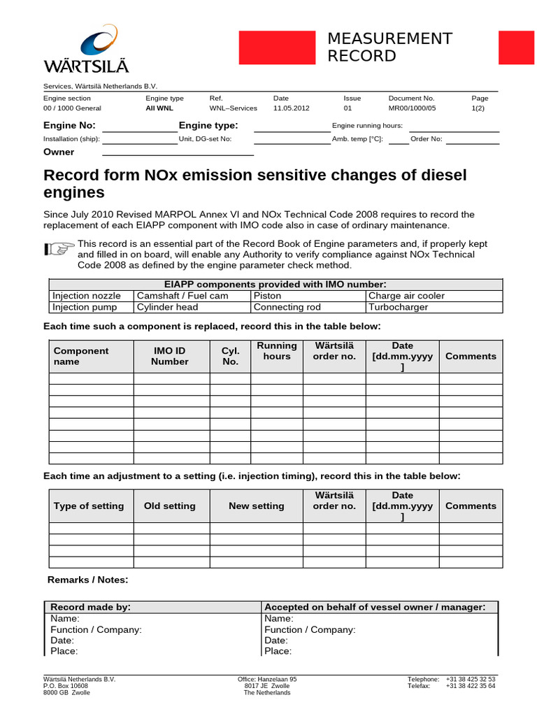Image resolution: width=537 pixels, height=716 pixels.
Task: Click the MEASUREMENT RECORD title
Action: coord(389,48)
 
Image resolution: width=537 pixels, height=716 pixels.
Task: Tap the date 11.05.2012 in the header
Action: coord(291,108)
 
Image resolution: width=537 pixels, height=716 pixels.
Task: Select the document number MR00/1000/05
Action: coord(412,108)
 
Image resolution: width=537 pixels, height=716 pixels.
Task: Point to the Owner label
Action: coord(59,152)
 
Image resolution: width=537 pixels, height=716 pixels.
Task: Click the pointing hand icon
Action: coord(59,248)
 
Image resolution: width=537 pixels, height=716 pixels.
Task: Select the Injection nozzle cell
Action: coord(87,296)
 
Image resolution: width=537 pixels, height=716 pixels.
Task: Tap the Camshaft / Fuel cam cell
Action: coord(182,296)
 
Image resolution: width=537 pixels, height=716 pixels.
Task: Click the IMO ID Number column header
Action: coord(170,356)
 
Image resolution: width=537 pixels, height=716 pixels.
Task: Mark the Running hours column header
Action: coord(277,351)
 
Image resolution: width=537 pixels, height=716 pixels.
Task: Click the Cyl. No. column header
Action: coord(230,356)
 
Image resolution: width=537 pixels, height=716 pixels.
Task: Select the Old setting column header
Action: coord(170,506)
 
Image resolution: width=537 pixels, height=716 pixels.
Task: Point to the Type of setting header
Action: coord(89,506)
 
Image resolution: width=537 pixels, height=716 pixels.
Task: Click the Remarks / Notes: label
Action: coord(88,580)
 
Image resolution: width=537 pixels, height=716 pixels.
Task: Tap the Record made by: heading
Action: coord(91,607)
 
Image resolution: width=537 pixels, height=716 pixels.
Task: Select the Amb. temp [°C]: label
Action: coord(357,138)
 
